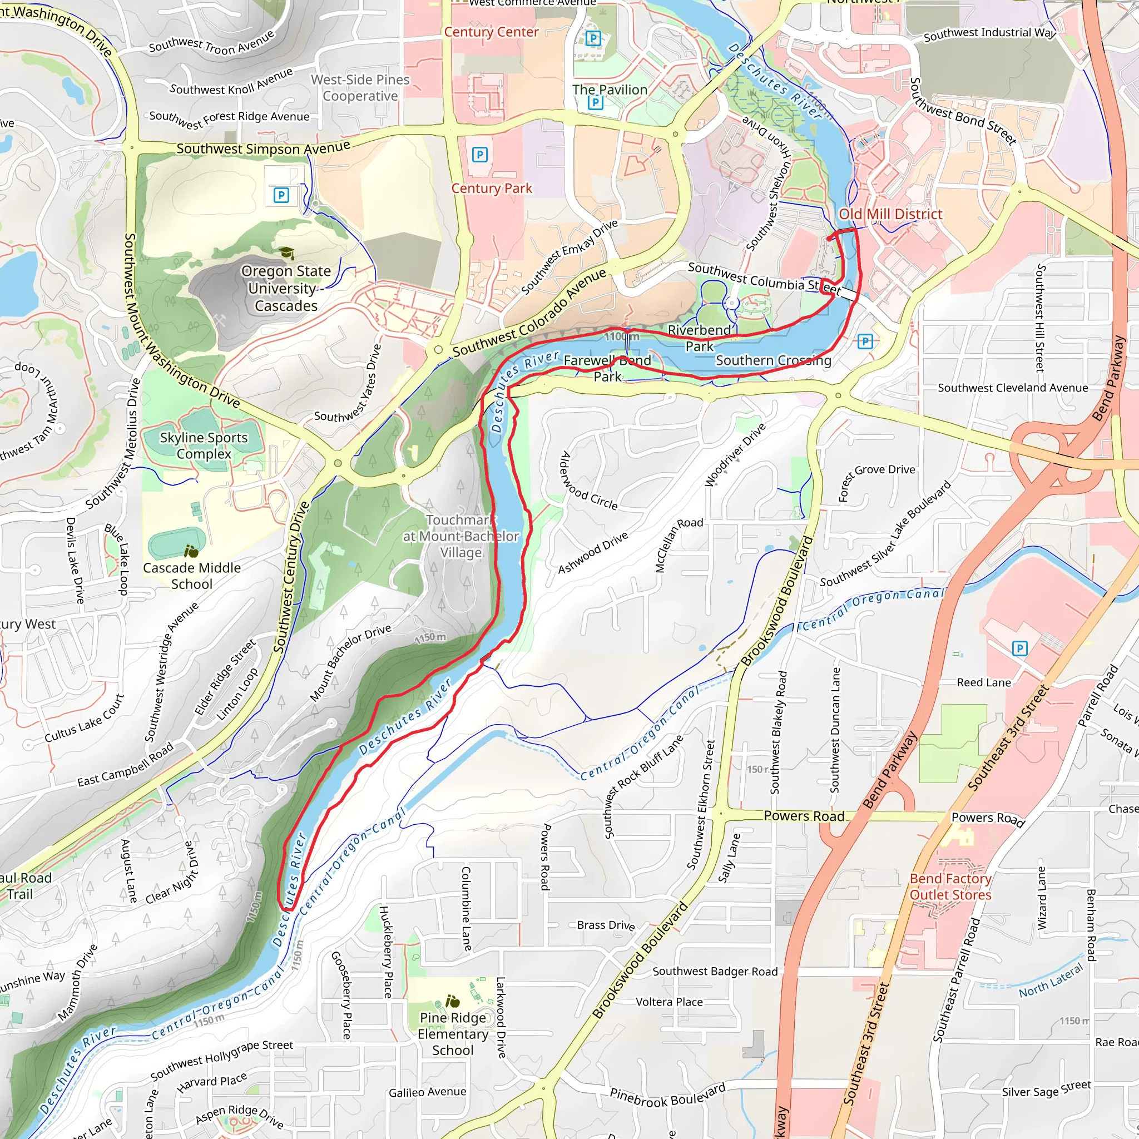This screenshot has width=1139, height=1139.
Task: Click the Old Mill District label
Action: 890,214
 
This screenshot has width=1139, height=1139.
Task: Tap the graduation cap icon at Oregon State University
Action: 286,254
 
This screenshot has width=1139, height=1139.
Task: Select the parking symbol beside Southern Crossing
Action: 865,341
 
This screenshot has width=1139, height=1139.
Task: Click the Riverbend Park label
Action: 699,338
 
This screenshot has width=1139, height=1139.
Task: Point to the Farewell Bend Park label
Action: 607,369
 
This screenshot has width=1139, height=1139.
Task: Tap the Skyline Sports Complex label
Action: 204,445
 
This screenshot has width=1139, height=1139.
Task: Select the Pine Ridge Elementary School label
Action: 453,1034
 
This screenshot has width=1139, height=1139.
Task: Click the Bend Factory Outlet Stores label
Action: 950,887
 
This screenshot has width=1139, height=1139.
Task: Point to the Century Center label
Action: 491,32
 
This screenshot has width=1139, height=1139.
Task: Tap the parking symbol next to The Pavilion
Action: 596,102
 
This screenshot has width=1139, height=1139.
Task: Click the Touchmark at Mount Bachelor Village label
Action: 461,536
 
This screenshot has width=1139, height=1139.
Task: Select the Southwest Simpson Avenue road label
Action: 263,148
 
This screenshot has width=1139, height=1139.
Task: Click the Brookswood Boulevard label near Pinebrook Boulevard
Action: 640,960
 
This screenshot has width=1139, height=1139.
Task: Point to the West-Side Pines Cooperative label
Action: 360,88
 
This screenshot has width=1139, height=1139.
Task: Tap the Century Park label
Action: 492,188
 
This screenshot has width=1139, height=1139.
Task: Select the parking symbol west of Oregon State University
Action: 281,195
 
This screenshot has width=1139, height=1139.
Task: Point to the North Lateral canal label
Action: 1051,981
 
